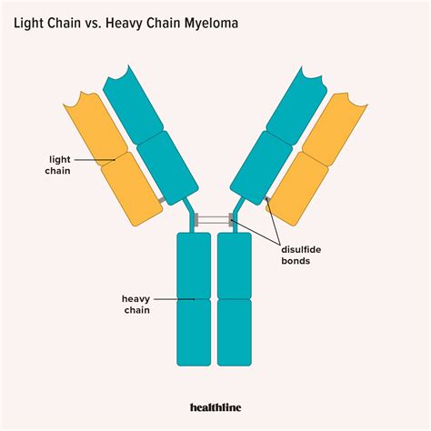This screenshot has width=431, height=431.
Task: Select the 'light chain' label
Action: click(x=59, y=165)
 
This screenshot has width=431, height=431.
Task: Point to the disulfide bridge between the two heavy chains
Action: click(x=215, y=220)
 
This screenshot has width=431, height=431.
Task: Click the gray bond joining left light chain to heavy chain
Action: click(x=161, y=199)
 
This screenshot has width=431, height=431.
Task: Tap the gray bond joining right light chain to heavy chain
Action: click(x=268, y=199)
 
